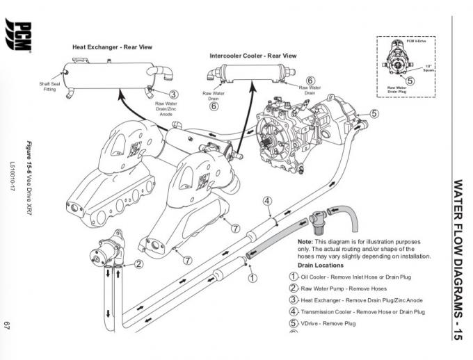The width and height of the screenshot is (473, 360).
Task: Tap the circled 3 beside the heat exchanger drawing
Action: click(x=173, y=95)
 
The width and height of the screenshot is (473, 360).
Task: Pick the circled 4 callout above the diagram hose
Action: click(x=266, y=202)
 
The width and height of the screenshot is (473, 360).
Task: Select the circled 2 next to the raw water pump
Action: click(x=139, y=263)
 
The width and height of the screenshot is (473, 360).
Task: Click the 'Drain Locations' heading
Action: click(x=320, y=265)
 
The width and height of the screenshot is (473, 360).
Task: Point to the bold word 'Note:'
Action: click(x=307, y=241)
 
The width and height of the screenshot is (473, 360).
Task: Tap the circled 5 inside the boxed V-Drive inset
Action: click(x=410, y=80)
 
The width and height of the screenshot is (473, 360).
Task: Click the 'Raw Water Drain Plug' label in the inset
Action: click(x=397, y=89)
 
